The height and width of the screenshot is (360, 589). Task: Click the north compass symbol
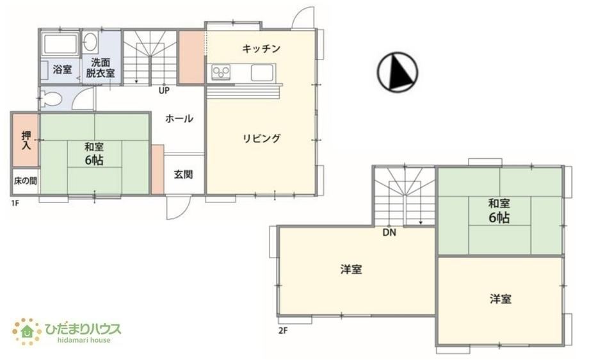(397, 71)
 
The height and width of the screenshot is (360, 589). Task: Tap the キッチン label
(261, 49)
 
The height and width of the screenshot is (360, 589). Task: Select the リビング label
(261, 138)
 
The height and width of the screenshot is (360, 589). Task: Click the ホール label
(179, 119)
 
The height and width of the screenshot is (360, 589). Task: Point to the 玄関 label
(183, 174)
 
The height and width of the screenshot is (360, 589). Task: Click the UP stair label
(164, 90)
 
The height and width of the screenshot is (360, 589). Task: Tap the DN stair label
(389, 233)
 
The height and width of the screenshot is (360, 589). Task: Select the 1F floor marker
(15, 203)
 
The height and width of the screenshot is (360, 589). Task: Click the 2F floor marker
(283, 331)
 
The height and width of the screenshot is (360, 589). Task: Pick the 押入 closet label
(26, 140)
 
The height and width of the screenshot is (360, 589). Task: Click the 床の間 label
(25, 181)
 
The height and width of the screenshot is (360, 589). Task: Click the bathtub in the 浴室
(60, 44)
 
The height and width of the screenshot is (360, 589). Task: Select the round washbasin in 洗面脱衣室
(90, 41)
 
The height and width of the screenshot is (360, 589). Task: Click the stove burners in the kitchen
(221, 71)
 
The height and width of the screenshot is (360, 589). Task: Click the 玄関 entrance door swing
(179, 207)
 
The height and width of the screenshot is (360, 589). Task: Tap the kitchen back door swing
(304, 18)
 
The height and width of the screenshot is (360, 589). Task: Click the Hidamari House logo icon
(27, 331)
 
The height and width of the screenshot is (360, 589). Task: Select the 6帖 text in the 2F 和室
(499, 218)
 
